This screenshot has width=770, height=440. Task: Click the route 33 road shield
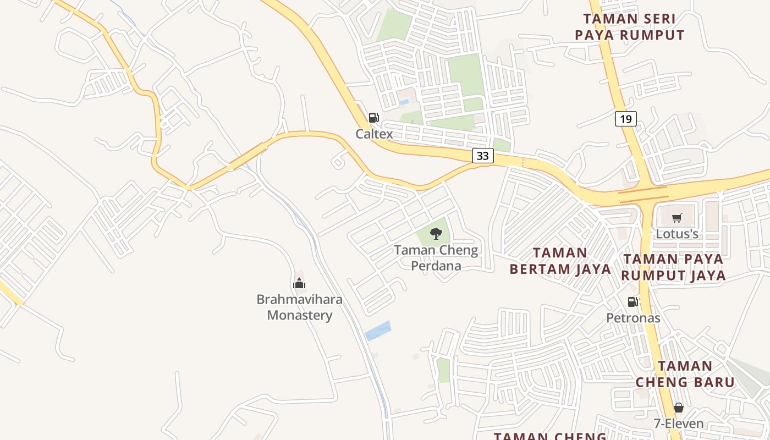482,156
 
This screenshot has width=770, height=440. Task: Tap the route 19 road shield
626,118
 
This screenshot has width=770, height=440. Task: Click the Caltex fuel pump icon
374,117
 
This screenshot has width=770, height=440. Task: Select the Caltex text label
374,134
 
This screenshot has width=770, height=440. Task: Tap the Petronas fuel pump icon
633,301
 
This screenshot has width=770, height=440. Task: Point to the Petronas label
633,317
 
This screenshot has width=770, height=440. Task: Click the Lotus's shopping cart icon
677,218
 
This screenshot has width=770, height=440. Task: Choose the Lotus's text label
677,234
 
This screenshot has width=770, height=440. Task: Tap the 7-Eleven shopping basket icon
679,408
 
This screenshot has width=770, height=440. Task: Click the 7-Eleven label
679,424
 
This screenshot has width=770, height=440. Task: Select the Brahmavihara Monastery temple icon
299,283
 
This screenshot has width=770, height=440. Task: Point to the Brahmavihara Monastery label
300,307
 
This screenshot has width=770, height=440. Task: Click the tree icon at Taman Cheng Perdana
436,234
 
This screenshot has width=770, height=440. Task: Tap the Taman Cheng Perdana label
436,257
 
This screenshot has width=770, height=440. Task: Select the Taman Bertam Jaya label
560,261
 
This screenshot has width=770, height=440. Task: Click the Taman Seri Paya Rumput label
630,27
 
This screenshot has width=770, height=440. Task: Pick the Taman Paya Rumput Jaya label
674,267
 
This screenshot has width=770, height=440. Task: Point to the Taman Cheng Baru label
685,373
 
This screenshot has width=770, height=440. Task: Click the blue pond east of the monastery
378,331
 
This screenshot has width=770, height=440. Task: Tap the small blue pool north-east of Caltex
404,102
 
